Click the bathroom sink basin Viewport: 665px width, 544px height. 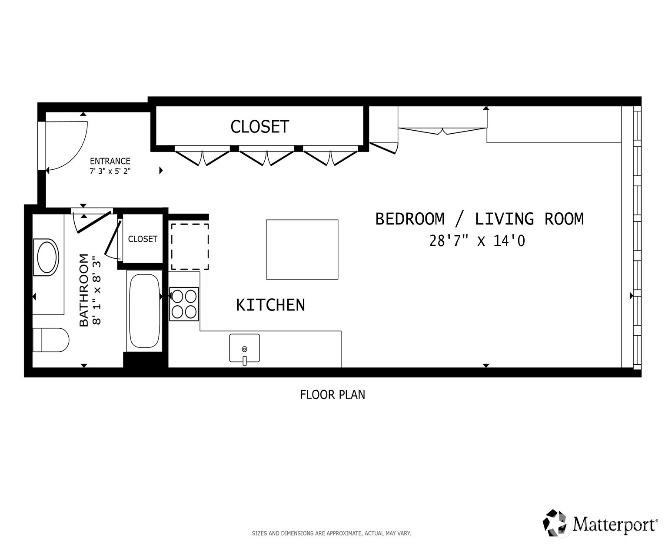coord(48,257)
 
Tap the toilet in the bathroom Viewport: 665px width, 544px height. coord(51,340)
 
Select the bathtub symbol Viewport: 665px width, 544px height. coord(144,310)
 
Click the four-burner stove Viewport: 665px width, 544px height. coord(184,304)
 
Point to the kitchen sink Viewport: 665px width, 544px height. coord(244,348)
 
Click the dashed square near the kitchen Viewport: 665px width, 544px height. coord(190,247)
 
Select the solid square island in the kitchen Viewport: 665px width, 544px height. coord(302,249)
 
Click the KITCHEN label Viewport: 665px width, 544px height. coord(270,305)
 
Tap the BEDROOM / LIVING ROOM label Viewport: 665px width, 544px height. coord(479,219)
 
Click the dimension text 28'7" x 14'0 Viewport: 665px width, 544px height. coord(477,241)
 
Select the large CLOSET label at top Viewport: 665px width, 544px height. coord(259,127)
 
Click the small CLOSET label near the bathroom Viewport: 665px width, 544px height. coord(143,239)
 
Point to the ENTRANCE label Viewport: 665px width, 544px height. coord(110,162)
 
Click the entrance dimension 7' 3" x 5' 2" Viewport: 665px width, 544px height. coord(110,171)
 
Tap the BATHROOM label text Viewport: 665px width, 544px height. coord(83,290)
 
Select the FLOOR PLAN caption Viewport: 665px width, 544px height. coord(332,395)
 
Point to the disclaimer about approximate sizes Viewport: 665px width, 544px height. coord(331,533)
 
